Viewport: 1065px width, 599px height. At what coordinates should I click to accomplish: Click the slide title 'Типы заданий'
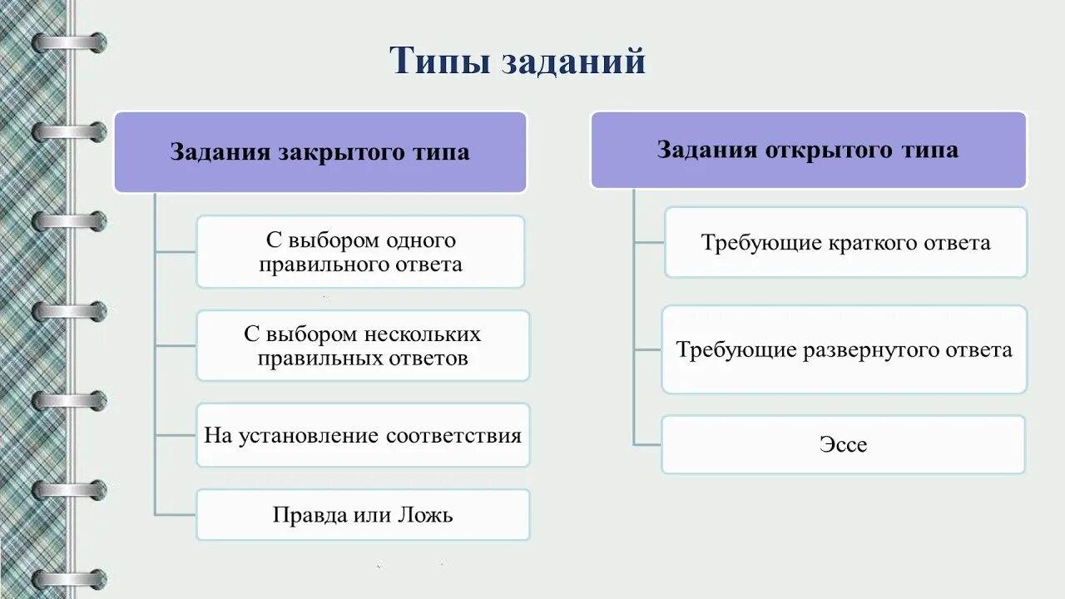tap(518, 62)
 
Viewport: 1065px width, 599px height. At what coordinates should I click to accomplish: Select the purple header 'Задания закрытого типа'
tap(320, 152)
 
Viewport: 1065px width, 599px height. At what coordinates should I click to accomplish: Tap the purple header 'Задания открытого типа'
tap(808, 150)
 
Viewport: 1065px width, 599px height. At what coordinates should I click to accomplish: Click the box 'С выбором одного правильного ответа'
tap(360, 252)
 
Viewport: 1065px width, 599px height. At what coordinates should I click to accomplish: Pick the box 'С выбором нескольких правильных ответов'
tap(363, 345)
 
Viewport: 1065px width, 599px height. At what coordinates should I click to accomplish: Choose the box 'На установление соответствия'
tap(363, 435)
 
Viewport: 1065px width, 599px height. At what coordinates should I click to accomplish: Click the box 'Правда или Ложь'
tap(363, 514)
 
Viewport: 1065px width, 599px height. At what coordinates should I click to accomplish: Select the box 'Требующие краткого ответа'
tap(845, 242)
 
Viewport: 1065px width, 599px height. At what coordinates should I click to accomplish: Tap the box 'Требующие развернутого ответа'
tap(845, 349)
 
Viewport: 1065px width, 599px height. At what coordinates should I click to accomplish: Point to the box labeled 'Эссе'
tap(843, 444)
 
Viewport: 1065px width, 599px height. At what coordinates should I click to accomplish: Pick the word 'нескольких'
tap(423, 334)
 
